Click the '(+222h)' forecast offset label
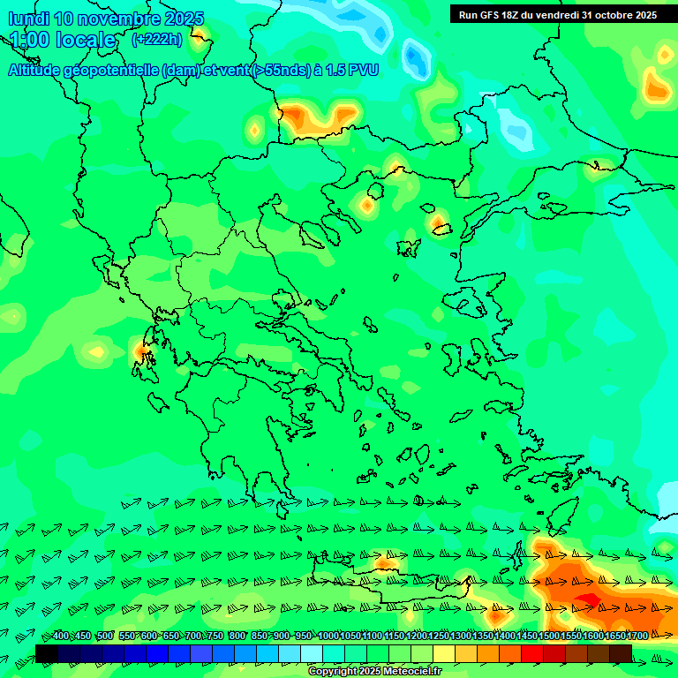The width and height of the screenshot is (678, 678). click(157, 40)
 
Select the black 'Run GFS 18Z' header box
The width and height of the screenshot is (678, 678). click(557, 14)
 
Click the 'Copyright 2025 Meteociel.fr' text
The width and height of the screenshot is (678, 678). click(374, 672)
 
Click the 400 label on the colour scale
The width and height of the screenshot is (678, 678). click(61, 637)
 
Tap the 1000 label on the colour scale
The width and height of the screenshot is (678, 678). click(328, 637)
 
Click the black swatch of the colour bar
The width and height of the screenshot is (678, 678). click(47, 653)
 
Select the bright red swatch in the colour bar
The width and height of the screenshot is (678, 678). click(532, 653)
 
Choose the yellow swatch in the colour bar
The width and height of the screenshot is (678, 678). click(444, 653)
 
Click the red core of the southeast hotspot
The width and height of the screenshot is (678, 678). click(588, 600)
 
